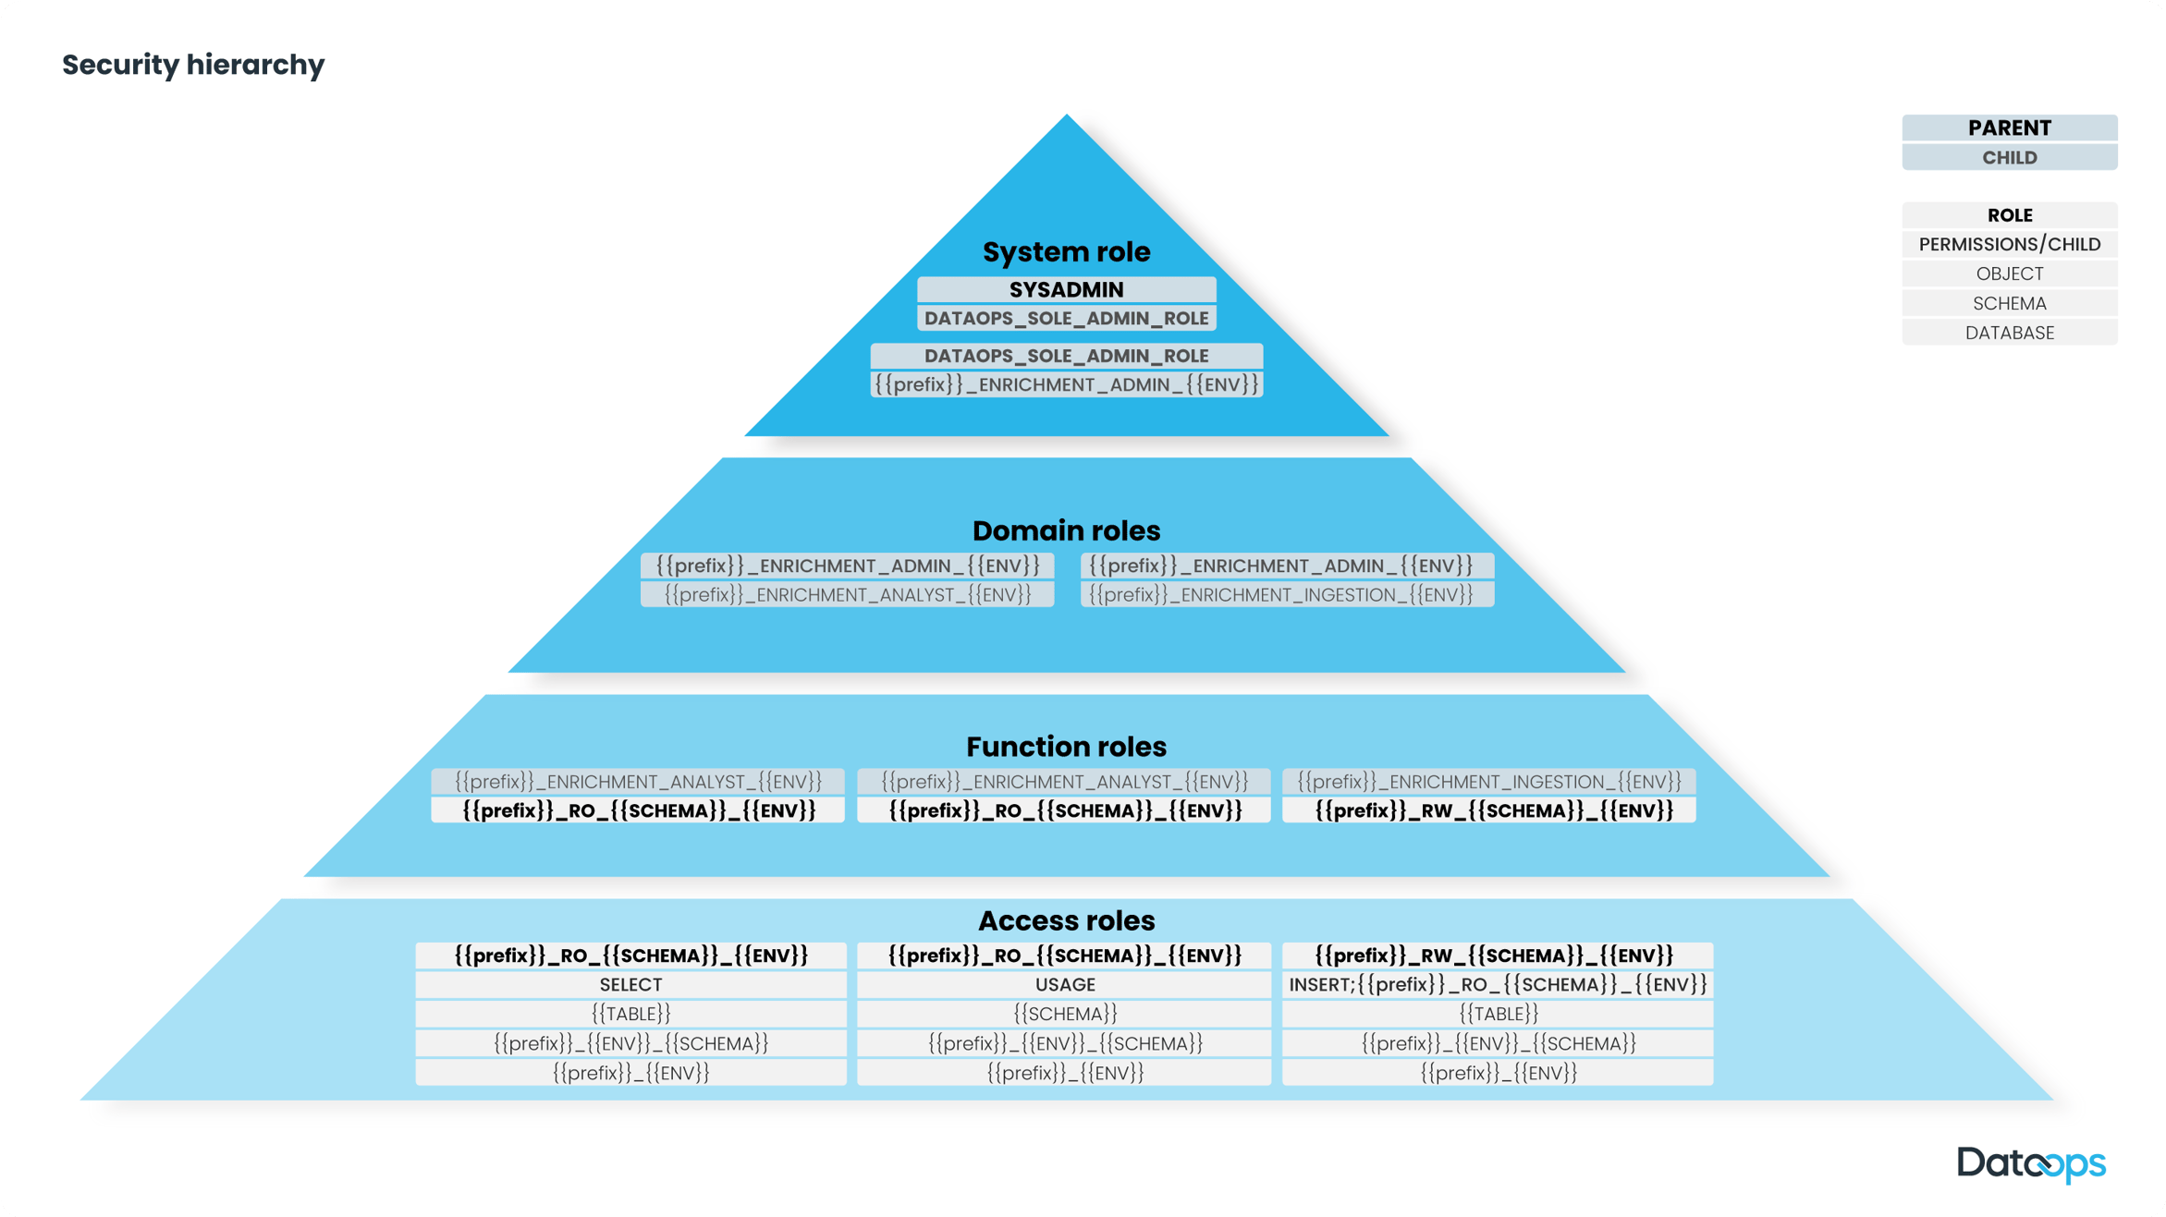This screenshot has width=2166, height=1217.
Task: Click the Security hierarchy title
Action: click(193, 65)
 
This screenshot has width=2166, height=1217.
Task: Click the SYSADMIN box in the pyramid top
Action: click(1066, 289)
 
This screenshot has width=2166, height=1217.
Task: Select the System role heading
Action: click(1066, 251)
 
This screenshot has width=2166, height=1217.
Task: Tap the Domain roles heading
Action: click(1066, 530)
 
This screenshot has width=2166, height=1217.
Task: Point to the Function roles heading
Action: click(1066, 746)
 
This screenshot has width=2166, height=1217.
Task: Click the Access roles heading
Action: click(1066, 920)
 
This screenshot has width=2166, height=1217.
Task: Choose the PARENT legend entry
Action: click(2009, 128)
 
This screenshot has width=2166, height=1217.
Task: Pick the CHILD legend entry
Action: click(2009, 157)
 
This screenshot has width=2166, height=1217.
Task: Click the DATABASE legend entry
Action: click(2009, 333)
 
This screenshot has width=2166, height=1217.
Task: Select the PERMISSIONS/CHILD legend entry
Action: click(2009, 244)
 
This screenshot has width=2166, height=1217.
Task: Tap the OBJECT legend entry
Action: click(2009, 274)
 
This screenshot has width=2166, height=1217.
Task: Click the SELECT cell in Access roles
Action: click(630, 984)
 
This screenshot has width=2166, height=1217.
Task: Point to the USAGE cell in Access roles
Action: click(1065, 984)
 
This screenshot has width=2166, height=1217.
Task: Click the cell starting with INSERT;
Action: click(1497, 984)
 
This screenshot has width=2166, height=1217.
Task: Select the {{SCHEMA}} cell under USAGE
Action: click(1065, 1014)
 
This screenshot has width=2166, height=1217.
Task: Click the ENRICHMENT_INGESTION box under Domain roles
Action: click(1287, 594)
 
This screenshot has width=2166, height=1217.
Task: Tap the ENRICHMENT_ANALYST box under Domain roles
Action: click(847, 594)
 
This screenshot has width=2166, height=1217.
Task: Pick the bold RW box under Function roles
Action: click(1488, 810)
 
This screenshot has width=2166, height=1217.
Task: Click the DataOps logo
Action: click(2031, 1163)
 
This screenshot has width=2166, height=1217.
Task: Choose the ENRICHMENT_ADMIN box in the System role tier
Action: click(1066, 384)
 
